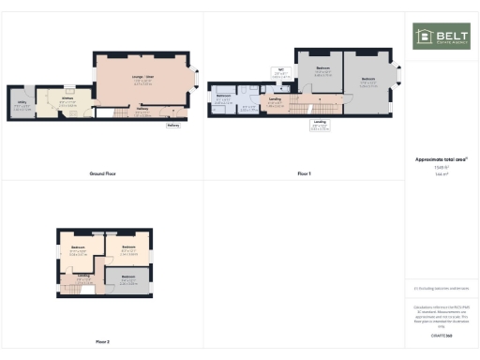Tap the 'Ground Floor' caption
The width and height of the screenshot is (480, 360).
pyautogui.click(x=102, y=174)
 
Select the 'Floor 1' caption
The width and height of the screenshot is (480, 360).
pyautogui.click(x=304, y=174)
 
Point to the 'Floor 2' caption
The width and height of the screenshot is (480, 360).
pyautogui.click(x=102, y=341)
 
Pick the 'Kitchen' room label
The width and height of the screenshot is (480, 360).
pyautogui.click(x=67, y=100)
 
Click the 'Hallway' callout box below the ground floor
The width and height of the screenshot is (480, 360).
pyautogui.click(x=172, y=125)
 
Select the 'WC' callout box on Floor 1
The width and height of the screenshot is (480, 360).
pyautogui.click(x=279, y=71)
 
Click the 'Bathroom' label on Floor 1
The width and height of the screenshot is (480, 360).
pyautogui.click(x=224, y=97)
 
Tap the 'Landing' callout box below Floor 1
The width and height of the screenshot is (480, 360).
pyautogui.click(x=320, y=123)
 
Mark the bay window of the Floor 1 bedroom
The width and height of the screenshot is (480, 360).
pyautogui.click(x=397, y=79)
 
